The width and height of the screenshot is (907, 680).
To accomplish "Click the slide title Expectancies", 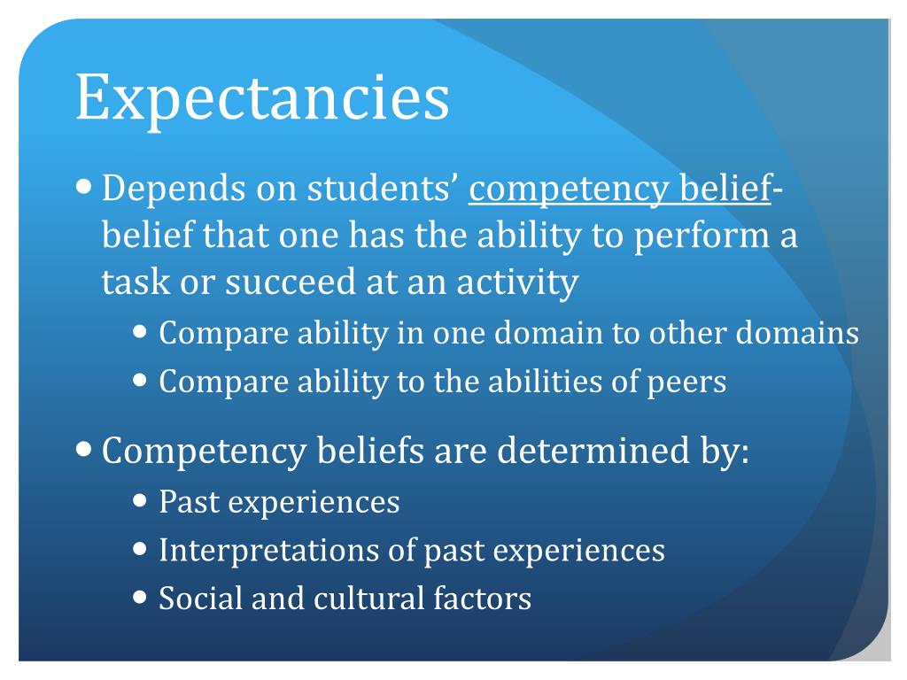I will [x=262, y=100].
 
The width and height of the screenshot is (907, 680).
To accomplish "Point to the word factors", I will [x=483, y=598].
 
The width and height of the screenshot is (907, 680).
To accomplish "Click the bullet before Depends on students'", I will [x=84, y=187].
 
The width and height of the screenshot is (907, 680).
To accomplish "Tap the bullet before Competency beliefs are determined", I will [x=84, y=449].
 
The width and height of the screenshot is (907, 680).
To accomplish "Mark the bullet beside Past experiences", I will [x=141, y=500].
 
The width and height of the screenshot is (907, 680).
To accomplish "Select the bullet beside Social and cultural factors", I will [x=141, y=596].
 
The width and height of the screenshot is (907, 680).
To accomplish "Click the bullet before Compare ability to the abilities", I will [x=141, y=380].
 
